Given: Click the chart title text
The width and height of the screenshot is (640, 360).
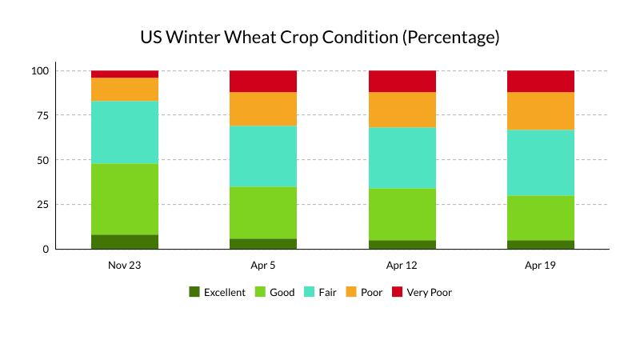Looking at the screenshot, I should click(x=320, y=38).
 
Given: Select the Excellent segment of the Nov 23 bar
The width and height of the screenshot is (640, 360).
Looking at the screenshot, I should click(x=125, y=242).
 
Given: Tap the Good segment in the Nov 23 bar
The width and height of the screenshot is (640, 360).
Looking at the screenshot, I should click(x=125, y=199).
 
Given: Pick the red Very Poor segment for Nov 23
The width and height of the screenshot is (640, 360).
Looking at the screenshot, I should click(x=125, y=74).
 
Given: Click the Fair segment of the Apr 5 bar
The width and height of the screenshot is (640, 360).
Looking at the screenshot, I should click(x=263, y=156).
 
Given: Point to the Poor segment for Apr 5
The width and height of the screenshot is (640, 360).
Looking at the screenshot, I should click(x=263, y=109).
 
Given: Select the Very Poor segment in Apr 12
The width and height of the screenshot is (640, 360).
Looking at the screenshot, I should click(x=402, y=81).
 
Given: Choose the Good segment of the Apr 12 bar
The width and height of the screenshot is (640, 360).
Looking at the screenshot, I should click(x=402, y=214).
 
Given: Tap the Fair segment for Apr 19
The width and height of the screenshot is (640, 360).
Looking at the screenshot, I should click(x=541, y=162).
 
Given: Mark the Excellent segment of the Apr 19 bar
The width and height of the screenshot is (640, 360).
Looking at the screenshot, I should click(x=541, y=244).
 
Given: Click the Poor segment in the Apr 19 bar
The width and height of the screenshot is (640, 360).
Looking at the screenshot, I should click(x=541, y=110).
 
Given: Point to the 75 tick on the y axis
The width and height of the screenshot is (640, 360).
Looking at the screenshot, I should click(x=41, y=115).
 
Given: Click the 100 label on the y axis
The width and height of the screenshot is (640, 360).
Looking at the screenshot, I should click(x=41, y=70).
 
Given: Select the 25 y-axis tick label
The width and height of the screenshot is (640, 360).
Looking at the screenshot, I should click(x=41, y=204).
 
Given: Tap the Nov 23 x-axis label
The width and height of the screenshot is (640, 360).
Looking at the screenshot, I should click(x=125, y=265).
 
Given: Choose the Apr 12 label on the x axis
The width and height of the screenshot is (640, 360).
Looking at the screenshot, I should click(x=402, y=265).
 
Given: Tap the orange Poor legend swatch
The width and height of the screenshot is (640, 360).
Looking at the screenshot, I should click(x=350, y=292).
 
